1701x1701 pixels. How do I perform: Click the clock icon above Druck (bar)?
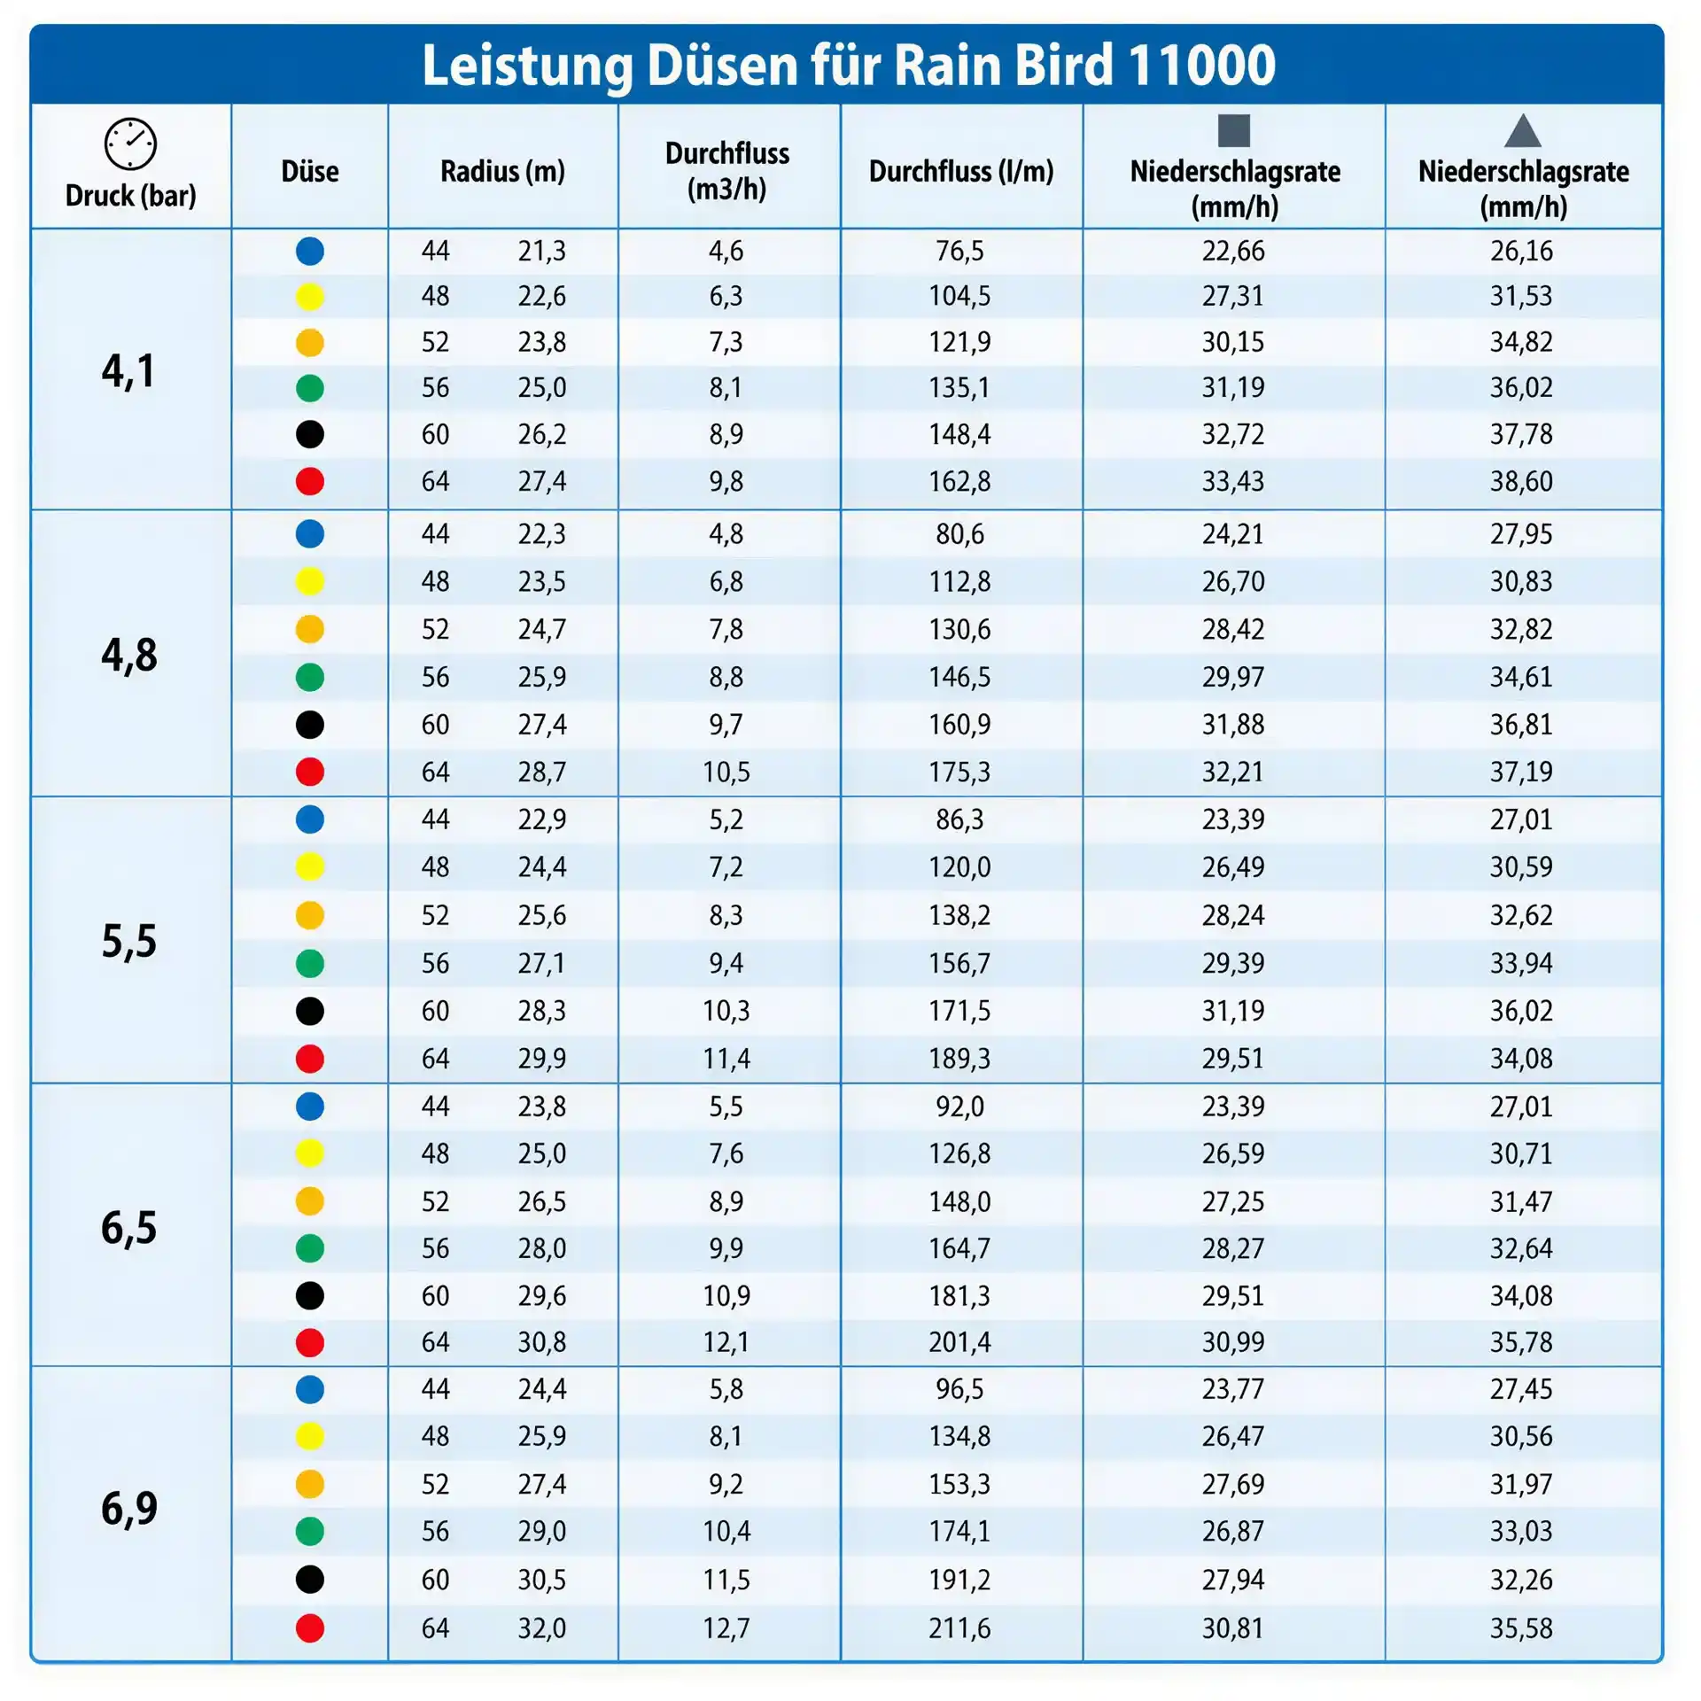pos(130,144)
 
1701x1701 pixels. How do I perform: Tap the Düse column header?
pos(310,171)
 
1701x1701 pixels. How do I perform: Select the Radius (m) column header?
pos(502,171)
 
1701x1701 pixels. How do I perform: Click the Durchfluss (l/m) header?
pos(961,171)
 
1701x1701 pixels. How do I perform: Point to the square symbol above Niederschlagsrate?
pos(1234,130)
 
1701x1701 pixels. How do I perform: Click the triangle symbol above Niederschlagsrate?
pos(1523,132)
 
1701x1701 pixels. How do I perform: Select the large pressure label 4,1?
pos(128,370)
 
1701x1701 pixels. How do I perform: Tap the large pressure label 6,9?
pos(128,1509)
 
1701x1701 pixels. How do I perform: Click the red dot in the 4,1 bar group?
pos(310,481)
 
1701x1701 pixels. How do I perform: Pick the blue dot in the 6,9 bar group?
pos(310,1389)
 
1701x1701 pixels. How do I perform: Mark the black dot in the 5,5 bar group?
pos(310,1011)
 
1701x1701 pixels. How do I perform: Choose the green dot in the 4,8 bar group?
pos(310,677)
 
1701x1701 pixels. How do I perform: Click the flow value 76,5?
pos(960,251)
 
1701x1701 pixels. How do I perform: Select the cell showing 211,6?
pos(960,1627)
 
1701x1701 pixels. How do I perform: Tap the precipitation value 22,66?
pos(1233,251)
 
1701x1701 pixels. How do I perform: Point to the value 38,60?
pos(1521,481)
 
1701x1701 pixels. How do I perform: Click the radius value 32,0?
pos(542,1627)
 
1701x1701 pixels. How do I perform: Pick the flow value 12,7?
pos(726,1627)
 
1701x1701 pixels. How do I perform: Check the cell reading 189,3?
pos(960,1058)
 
